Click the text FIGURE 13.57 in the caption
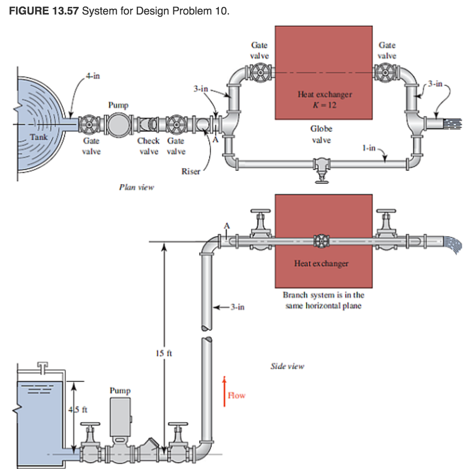44,11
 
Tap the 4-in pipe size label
92,76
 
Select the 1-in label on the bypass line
369,148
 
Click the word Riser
191,171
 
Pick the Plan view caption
136,187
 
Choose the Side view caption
287,366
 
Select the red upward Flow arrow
224,391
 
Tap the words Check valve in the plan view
148,146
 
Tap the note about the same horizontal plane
323,300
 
